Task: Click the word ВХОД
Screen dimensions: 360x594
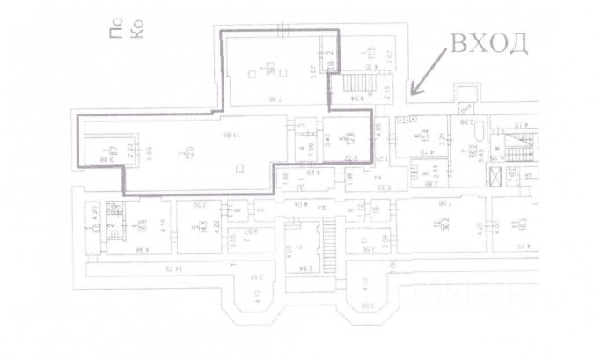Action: (490, 43)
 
